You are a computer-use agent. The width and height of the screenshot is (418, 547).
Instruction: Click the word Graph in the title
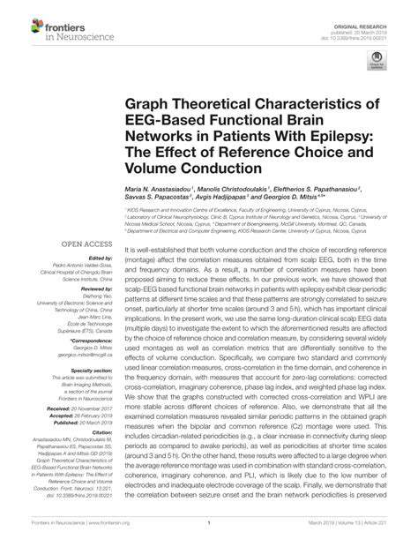tap(155, 106)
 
